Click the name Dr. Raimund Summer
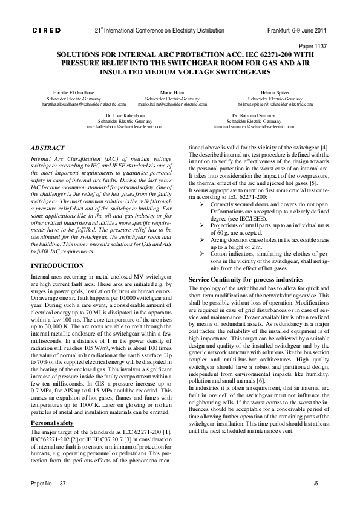(249, 115)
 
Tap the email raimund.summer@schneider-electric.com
(250, 127)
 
